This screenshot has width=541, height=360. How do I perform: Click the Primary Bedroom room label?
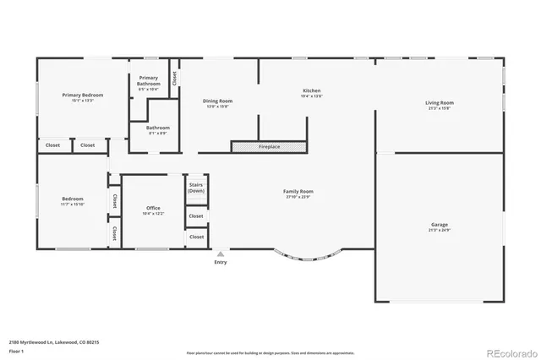(x=83, y=95)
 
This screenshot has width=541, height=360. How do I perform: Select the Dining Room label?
(x=218, y=101)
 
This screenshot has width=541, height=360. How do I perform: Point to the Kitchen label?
(x=312, y=90)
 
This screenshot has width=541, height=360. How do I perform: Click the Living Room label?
(x=439, y=103)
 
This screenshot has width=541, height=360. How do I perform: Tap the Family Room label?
(x=298, y=192)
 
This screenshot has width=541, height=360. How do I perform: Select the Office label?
(x=153, y=208)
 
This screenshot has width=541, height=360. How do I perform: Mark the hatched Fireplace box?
(x=269, y=146)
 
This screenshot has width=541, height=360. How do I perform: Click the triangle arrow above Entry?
(x=221, y=253)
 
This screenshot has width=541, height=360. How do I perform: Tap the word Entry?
(x=221, y=262)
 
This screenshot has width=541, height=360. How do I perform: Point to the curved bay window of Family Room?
(x=309, y=257)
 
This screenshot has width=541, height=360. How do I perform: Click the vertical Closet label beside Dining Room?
(x=174, y=78)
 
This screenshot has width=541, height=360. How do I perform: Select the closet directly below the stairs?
(x=196, y=216)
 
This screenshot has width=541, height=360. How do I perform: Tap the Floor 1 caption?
(x=17, y=351)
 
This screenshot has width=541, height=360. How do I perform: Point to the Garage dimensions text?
(x=439, y=230)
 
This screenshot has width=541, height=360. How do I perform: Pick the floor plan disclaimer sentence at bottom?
(x=270, y=353)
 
